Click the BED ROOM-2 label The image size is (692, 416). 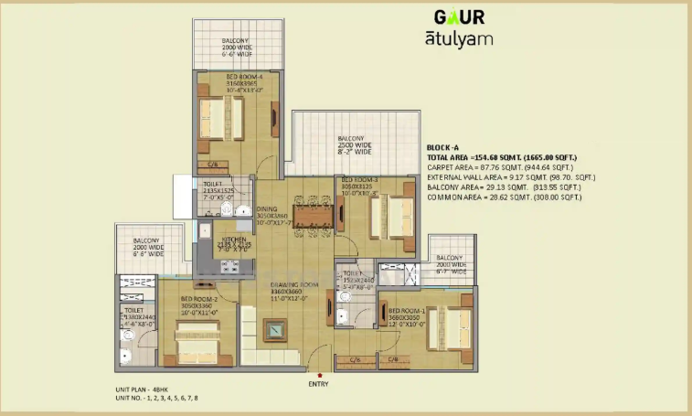pos(197,299)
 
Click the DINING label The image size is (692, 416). pos(266,208)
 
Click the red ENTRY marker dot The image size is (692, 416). pos(319,375)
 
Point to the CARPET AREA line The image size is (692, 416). pos(499,167)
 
